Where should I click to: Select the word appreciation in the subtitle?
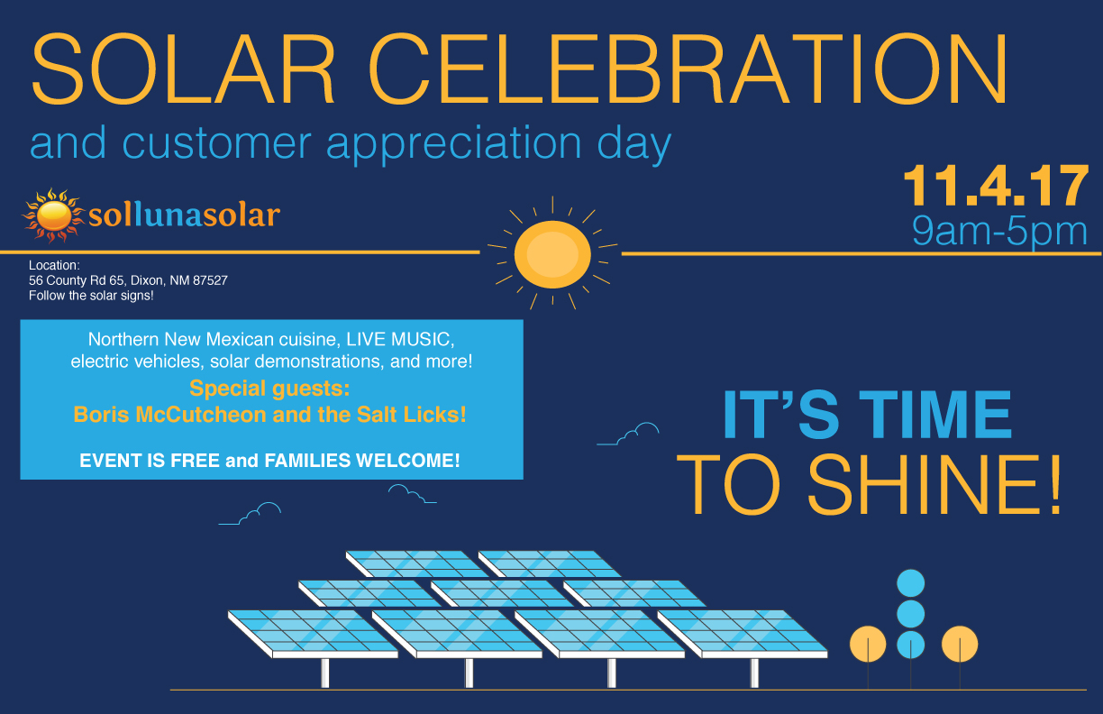pos(453,143)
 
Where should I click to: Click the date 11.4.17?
pos(996,186)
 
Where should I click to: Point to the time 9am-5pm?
pos(999,230)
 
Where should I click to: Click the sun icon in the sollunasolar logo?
pos(52,215)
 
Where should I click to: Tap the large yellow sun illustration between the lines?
pos(552,254)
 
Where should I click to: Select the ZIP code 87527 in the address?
pos(210,280)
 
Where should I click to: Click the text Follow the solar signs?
pos(91,296)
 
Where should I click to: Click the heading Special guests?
pos(269,389)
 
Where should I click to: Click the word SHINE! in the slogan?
pos(935,484)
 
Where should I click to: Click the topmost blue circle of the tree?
pos(910,583)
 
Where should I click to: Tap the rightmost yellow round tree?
pos(960,644)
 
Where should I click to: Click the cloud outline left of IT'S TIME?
pos(628,435)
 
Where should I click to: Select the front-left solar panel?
pos(313,634)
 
